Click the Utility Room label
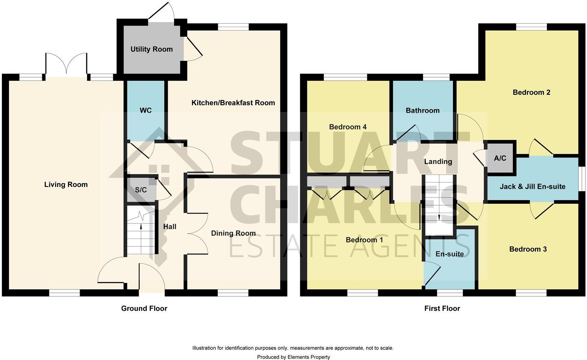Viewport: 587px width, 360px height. click(151, 49)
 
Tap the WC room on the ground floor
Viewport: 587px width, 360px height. click(146, 111)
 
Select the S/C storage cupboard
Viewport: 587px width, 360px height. click(141, 190)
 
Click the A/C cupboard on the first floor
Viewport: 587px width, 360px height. click(500, 158)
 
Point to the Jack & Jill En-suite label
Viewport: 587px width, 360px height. click(532, 187)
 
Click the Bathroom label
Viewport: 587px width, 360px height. click(422, 111)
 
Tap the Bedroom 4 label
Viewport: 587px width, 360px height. click(347, 127)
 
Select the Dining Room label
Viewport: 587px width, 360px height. click(233, 233)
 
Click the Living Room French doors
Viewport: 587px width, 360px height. click(67, 64)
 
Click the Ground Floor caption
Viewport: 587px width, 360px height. click(144, 308)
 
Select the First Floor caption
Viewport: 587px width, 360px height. click(442, 308)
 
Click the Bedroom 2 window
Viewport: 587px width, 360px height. click(531, 27)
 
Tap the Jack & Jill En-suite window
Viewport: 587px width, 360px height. click(581, 179)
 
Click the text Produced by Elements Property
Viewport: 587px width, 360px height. click(293, 357)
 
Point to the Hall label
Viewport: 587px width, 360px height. click(170, 227)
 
